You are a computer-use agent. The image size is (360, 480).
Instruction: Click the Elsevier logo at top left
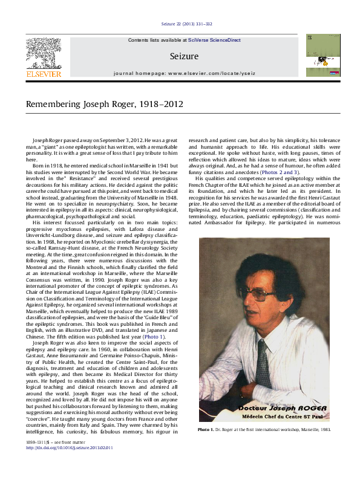pyautogui.click(x=43, y=59)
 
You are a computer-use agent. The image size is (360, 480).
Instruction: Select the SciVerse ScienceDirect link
pyautogui.click(x=214, y=41)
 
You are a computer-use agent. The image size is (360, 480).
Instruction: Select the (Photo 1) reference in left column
pyautogui.click(x=151, y=336)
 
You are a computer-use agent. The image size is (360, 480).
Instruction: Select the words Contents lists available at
pyautogui.click(x=157, y=41)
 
